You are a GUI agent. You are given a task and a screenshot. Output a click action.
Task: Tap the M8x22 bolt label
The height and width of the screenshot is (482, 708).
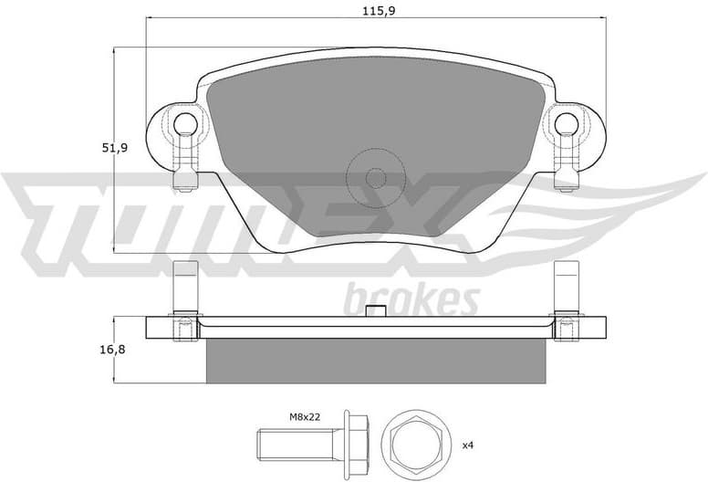307,417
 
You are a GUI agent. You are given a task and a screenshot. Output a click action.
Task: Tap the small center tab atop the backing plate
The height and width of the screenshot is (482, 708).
375,311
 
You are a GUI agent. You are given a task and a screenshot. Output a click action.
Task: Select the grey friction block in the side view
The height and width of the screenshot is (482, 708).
375,361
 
